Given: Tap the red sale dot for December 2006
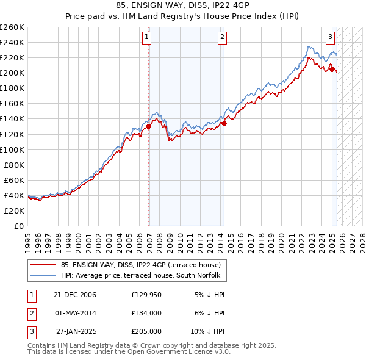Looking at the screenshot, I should click(x=149, y=127).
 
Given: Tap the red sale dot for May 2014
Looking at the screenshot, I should click(x=224, y=123).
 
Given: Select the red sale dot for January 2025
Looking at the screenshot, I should click(x=332, y=69).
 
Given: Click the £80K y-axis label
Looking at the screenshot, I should click(x=14, y=165).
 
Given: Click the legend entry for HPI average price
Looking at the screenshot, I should click(x=144, y=276).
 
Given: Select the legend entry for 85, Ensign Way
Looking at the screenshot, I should click(x=144, y=265).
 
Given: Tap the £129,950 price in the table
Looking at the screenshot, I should click(x=146, y=295).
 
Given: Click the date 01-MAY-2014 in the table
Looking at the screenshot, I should click(x=75, y=313).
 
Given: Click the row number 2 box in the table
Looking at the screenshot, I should click(x=30, y=313).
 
